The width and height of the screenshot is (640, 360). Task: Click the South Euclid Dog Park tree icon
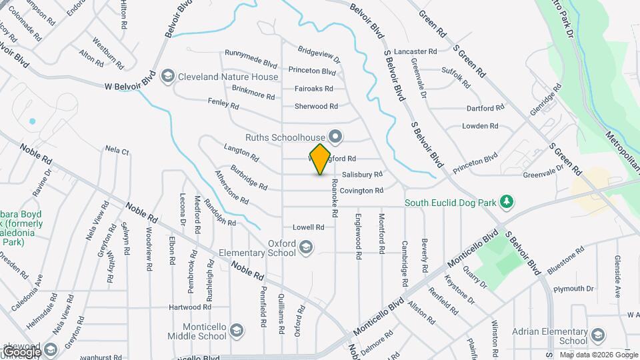click(507, 201)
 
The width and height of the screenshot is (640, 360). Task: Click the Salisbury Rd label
click(362, 175)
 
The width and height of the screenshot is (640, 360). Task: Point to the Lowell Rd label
click(309, 227)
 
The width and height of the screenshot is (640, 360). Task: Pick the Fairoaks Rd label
click(314, 88)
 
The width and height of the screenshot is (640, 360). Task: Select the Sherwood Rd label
click(316, 106)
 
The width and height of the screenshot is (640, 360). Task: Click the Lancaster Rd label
click(415, 51)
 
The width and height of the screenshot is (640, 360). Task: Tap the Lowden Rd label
click(480, 126)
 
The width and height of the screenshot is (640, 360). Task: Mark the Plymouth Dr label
click(573, 289)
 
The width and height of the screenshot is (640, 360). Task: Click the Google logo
click(21, 351)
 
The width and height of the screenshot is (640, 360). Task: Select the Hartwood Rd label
click(189, 307)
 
